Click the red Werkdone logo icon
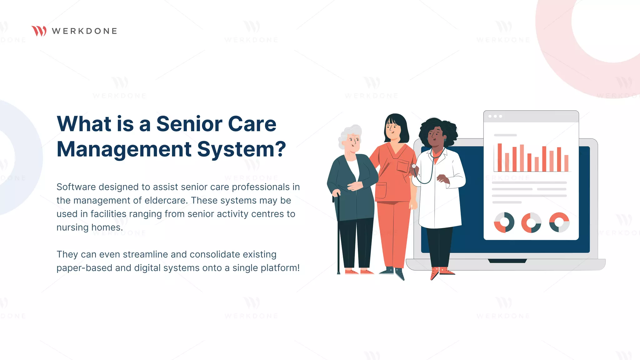pos(39,31)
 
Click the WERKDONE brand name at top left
pos(84,31)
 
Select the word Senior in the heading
pos(189,124)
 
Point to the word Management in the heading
pos(124,149)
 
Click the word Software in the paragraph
pos(76,187)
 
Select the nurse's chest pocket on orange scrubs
pos(403,166)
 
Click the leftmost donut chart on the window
pos(504,222)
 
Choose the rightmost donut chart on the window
pos(559,222)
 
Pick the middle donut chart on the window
pos(531,222)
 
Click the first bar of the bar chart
pos(500,157)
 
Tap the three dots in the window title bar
pos(495,116)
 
